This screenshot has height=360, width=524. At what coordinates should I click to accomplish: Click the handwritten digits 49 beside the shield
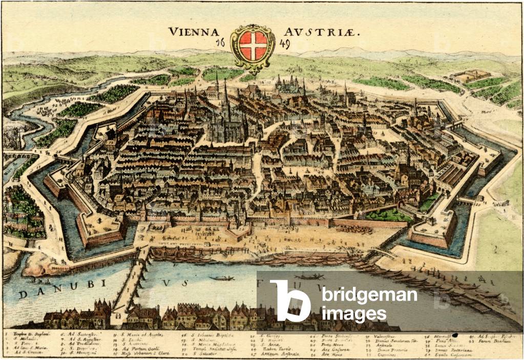(285, 45)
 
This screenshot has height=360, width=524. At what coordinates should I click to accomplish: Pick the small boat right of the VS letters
(222, 278)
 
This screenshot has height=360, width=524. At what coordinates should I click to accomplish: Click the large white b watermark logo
(290, 301)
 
